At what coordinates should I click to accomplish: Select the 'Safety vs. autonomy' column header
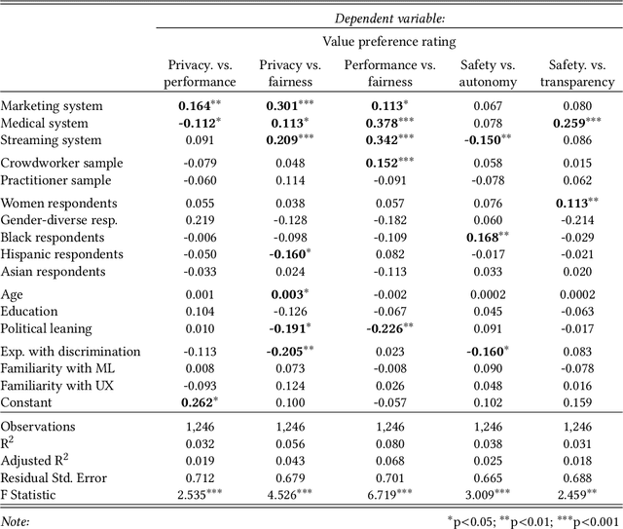click(x=488, y=73)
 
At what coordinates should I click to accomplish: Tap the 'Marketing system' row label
click(x=56, y=105)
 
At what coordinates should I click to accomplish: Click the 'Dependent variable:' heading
click(x=389, y=17)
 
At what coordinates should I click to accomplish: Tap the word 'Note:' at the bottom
click(x=16, y=521)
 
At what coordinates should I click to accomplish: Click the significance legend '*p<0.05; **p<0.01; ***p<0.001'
click(x=531, y=521)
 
